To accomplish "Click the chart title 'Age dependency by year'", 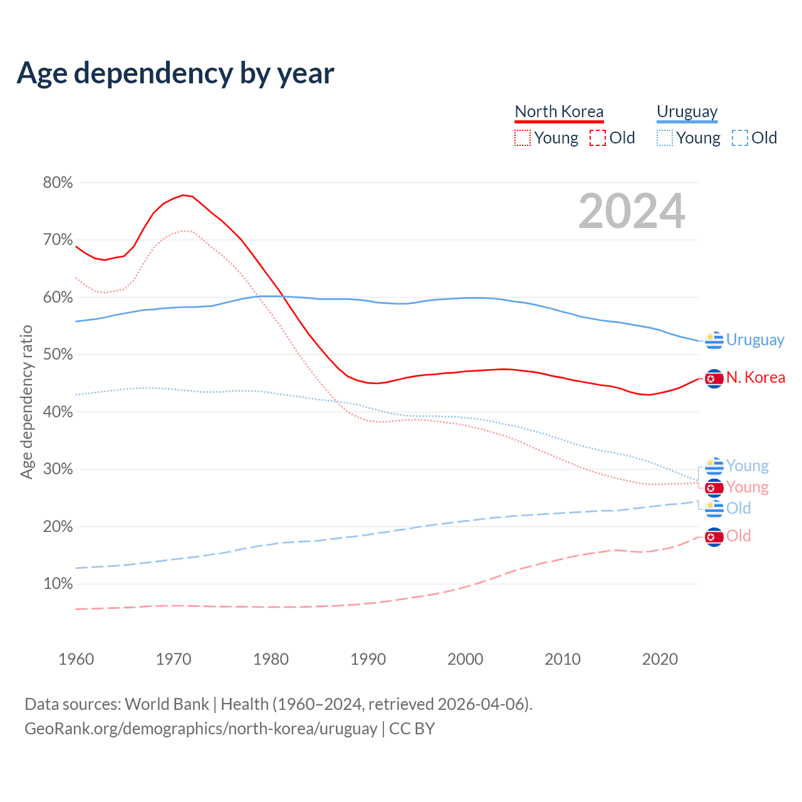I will (x=175, y=73).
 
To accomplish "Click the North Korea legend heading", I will (x=559, y=112).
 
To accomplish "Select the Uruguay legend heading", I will (x=687, y=112).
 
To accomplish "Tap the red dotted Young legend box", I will (x=522, y=138).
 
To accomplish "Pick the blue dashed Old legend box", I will (x=739, y=138).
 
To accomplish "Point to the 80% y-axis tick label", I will (x=58, y=183).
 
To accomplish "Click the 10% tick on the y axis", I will (x=58, y=584).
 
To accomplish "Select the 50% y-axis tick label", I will (x=58, y=355).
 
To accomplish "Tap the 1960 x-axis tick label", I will (x=76, y=659).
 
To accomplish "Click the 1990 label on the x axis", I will (x=368, y=659).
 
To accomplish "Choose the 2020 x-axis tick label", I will (x=660, y=659).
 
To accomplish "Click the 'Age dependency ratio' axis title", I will (x=26, y=402).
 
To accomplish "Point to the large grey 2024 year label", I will (x=632, y=211).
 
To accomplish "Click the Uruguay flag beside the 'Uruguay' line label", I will (x=714, y=340).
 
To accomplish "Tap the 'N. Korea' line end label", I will (x=755, y=378).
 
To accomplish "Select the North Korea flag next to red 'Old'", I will (x=714, y=537).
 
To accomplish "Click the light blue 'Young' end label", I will (x=747, y=466).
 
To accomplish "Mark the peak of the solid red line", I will (x=183, y=195).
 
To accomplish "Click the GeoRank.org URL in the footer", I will (x=200, y=729).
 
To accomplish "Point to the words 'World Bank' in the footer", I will (x=167, y=704).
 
